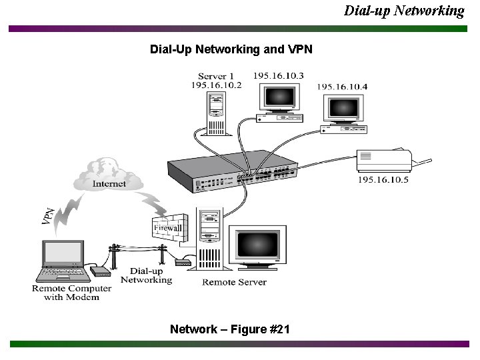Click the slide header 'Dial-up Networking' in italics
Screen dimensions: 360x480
tap(404, 11)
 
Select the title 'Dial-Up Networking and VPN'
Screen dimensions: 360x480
tap(231, 50)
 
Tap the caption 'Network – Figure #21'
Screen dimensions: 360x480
tap(229, 329)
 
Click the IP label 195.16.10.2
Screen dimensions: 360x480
tap(216, 85)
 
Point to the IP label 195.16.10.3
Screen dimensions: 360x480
tap(278, 76)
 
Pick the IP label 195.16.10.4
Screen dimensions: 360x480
tap(341, 87)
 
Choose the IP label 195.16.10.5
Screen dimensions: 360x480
tap(383, 180)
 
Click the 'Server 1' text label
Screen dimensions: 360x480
tap(216, 76)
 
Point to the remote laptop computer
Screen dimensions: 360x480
tap(63, 260)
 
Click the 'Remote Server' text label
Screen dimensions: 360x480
tap(234, 282)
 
